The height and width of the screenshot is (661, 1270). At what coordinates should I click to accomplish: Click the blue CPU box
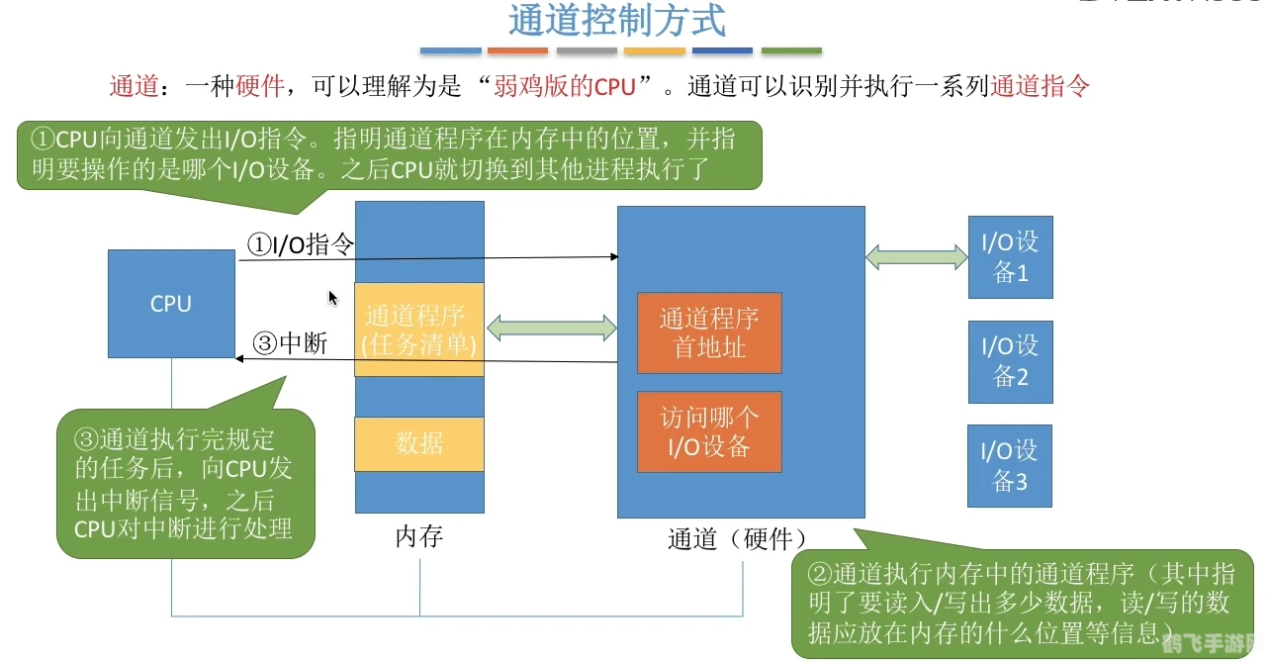pyautogui.click(x=171, y=303)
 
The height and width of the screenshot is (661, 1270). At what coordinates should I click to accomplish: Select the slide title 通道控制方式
pyautogui.click(x=617, y=20)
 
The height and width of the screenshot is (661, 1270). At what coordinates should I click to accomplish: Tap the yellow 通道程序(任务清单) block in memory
pyautogui.click(x=419, y=330)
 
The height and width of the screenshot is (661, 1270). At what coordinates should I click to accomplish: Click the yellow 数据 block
pyautogui.click(x=419, y=443)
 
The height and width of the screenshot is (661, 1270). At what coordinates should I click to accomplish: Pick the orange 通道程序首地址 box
pyautogui.click(x=709, y=332)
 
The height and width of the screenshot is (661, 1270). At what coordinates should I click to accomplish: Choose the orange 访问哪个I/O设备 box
pyautogui.click(x=709, y=431)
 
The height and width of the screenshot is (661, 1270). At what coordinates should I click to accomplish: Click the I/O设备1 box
pyautogui.click(x=1010, y=257)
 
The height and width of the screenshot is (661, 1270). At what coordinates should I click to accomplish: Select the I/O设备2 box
pyautogui.click(x=1010, y=361)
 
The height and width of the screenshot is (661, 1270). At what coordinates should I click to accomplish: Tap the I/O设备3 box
pyautogui.click(x=1010, y=466)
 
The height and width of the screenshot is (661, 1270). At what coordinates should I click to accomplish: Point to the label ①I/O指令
pyautogui.click(x=301, y=244)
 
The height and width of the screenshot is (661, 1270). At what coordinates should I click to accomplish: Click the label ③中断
pyautogui.click(x=291, y=342)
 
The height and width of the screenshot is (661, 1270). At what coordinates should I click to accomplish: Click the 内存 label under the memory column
pyautogui.click(x=419, y=537)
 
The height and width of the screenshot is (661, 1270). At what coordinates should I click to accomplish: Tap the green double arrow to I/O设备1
pyautogui.click(x=917, y=257)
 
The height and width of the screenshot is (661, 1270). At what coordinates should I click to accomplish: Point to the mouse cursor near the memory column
pyautogui.click(x=333, y=297)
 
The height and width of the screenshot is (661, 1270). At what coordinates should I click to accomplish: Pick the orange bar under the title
pyautogui.click(x=517, y=50)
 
